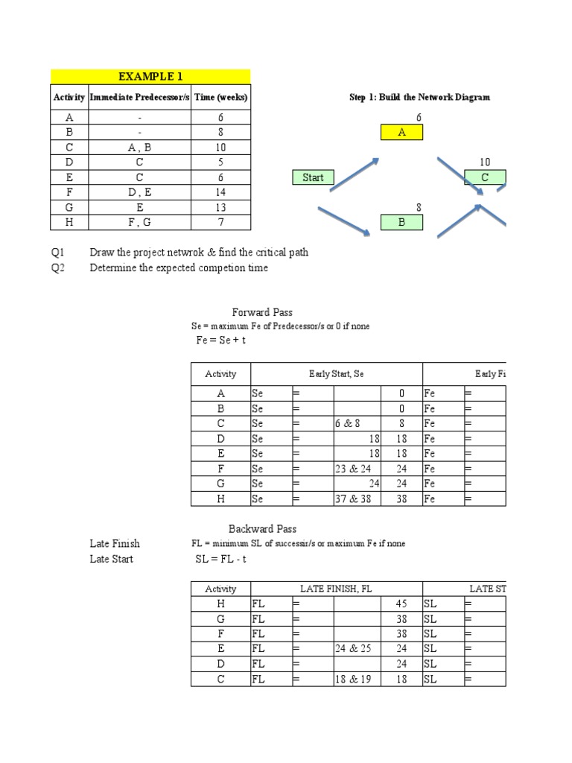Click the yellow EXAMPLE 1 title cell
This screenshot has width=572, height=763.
(150, 76)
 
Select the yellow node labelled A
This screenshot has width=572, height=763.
(402, 133)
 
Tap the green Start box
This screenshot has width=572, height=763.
(313, 177)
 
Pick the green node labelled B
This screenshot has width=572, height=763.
(401, 222)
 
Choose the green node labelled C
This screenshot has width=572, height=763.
(485, 177)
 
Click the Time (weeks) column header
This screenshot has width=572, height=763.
(221, 98)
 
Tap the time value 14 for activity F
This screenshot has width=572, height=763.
(221, 192)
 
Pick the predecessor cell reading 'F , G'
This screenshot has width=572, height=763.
(139, 222)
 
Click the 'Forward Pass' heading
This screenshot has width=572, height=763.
(262, 312)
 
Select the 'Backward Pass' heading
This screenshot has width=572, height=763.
(262, 528)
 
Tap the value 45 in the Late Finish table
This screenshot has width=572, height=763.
(401, 604)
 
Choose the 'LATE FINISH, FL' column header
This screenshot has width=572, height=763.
(336, 589)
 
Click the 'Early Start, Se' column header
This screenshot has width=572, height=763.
(336, 374)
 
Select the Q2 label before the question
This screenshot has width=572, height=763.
(58, 267)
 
